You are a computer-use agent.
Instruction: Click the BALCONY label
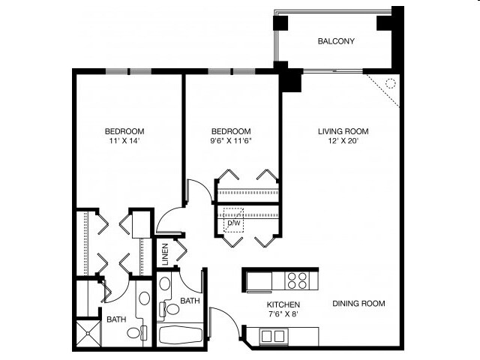point(335,41)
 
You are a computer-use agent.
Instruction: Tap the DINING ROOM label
point(358,304)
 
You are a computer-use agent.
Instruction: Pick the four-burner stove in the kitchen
point(298,280)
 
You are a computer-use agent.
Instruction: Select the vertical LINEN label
point(165,254)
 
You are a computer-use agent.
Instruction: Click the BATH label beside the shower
point(115,319)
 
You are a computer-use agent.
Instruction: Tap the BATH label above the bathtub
point(190,301)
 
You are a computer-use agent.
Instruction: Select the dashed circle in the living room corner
point(390,83)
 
